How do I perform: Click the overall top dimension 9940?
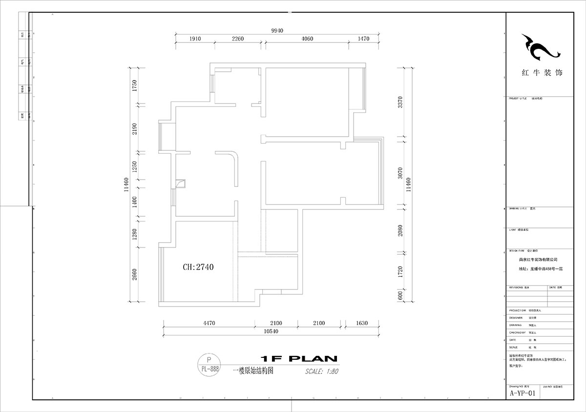point(277,30)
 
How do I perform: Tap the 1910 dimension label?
point(195,39)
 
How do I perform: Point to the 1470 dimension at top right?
point(363,39)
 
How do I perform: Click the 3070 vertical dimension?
point(400,173)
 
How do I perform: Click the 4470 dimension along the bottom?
point(209,323)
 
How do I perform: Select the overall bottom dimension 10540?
point(271,331)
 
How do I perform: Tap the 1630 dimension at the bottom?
point(361,323)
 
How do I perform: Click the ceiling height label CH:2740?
point(198,267)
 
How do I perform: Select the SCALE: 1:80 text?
point(321,371)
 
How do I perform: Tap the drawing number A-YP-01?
point(523,393)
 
